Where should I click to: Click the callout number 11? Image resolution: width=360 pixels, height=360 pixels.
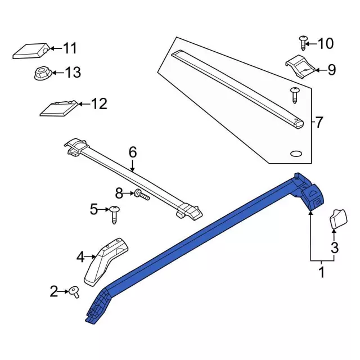[x=70, y=48]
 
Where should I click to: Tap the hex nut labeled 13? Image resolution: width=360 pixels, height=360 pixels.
[x=43, y=73]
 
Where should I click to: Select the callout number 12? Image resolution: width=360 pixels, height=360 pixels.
[x=99, y=104]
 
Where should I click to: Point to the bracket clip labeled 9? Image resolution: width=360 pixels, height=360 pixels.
[x=300, y=66]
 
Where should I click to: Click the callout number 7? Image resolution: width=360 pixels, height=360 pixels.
[x=319, y=123]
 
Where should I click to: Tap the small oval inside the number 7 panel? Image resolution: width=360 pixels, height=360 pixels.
[x=296, y=154]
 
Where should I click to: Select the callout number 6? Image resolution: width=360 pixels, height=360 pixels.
[x=133, y=152]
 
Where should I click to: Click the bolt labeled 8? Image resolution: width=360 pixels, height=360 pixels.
[x=142, y=195]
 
